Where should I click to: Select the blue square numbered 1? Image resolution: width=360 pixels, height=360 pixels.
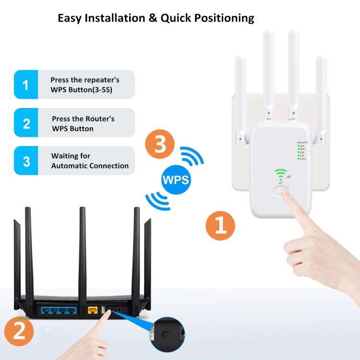(26, 85)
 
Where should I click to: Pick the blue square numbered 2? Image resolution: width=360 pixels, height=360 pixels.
(26, 123)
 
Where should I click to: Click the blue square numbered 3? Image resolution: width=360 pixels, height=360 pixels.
(26, 161)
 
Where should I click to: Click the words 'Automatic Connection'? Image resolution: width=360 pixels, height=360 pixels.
(90, 166)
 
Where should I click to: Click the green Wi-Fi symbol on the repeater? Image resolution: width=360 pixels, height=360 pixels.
(279, 174)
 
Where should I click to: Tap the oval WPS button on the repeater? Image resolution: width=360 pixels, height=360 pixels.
(280, 191)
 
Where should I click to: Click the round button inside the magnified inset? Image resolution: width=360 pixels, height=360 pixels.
(166, 335)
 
